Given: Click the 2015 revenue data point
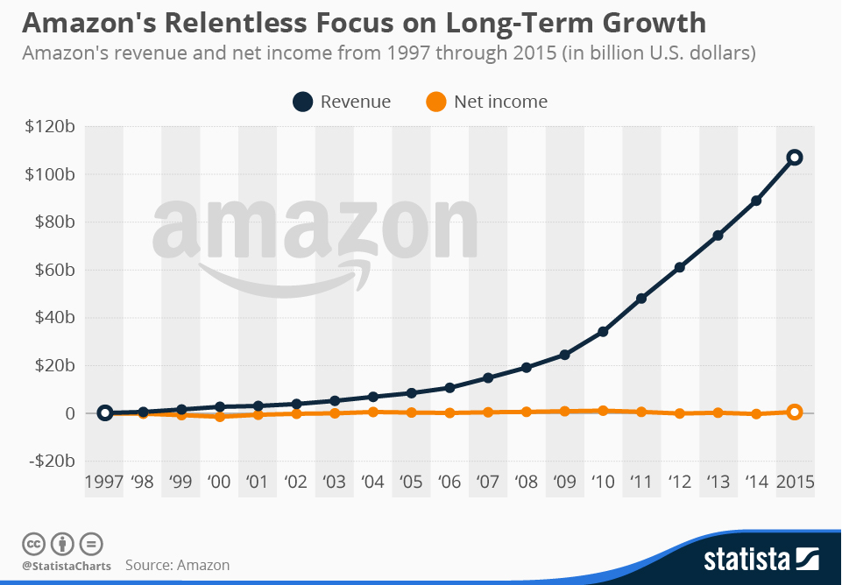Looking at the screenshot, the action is click(x=795, y=158).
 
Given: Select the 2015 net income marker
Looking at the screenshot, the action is click(x=795, y=412).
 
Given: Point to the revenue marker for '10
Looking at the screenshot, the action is click(x=603, y=332).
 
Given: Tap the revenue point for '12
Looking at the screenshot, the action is click(x=679, y=267).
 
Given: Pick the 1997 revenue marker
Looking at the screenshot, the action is click(x=105, y=412).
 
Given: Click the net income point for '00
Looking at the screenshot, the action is click(x=220, y=417).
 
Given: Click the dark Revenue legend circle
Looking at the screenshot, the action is click(x=303, y=102).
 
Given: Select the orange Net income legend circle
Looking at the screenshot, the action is click(x=436, y=102).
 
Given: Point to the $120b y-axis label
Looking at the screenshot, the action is click(x=50, y=127).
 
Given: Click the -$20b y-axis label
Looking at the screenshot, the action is click(x=52, y=461).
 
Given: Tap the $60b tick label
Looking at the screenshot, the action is click(x=55, y=270).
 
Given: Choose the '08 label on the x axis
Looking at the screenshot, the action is click(x=526, y=482).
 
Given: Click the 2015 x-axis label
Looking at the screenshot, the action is click(x=796, y=482).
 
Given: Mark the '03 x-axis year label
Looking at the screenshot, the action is click(x=334, y=482).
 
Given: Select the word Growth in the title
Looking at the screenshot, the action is click(x=654, y=23).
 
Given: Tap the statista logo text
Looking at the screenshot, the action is click(x=746, y=560).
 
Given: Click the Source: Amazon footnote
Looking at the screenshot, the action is click(x=177, y=565).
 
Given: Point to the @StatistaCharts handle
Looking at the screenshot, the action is click(x=67, y=566).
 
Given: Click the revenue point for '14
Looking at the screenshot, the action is click(x=756, y=201).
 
